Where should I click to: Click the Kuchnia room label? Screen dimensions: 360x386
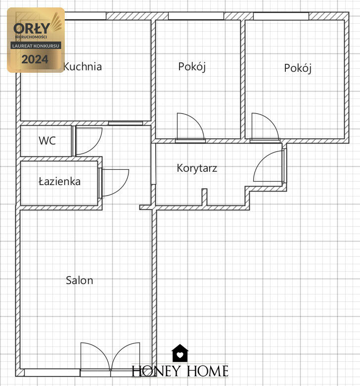[83, 67]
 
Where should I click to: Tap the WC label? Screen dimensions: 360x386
[47, 141]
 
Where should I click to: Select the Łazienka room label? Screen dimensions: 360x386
[59, 182]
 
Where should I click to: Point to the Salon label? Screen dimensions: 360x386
[80, 281]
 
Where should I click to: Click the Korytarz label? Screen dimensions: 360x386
[197, 168]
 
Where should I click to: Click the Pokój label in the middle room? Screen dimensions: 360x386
[192, 67]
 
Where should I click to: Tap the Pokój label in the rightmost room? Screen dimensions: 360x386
[298, 68]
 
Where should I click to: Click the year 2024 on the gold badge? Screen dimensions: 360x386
[35, 59]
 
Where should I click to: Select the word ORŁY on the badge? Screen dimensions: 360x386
[32, 28]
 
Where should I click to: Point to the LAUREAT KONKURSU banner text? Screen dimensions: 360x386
[36, 46]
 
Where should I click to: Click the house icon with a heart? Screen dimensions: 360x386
[180, 353]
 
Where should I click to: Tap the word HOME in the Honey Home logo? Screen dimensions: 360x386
[208, 371]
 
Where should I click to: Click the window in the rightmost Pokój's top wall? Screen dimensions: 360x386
[281, 16]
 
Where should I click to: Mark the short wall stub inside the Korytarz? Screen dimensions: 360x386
[205, 196]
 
